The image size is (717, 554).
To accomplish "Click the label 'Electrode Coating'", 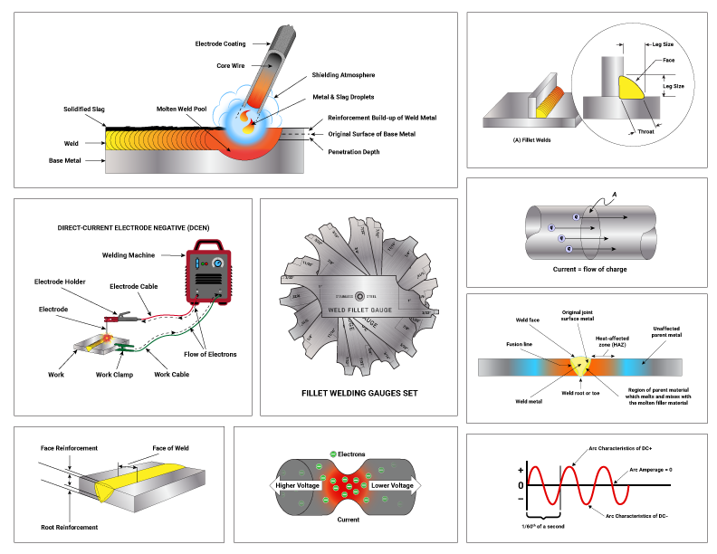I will tap(220, 43).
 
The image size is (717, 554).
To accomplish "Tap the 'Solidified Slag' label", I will tap(84, 109).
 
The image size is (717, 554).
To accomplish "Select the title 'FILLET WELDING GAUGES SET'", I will tap(358, 395).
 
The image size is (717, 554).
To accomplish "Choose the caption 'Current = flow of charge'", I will tap(589, 269).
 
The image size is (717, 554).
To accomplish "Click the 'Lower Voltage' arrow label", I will tap(392, 486).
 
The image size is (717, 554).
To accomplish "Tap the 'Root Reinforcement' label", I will tap(69, 526).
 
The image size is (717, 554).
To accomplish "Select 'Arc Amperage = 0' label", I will tap(658, 470).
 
